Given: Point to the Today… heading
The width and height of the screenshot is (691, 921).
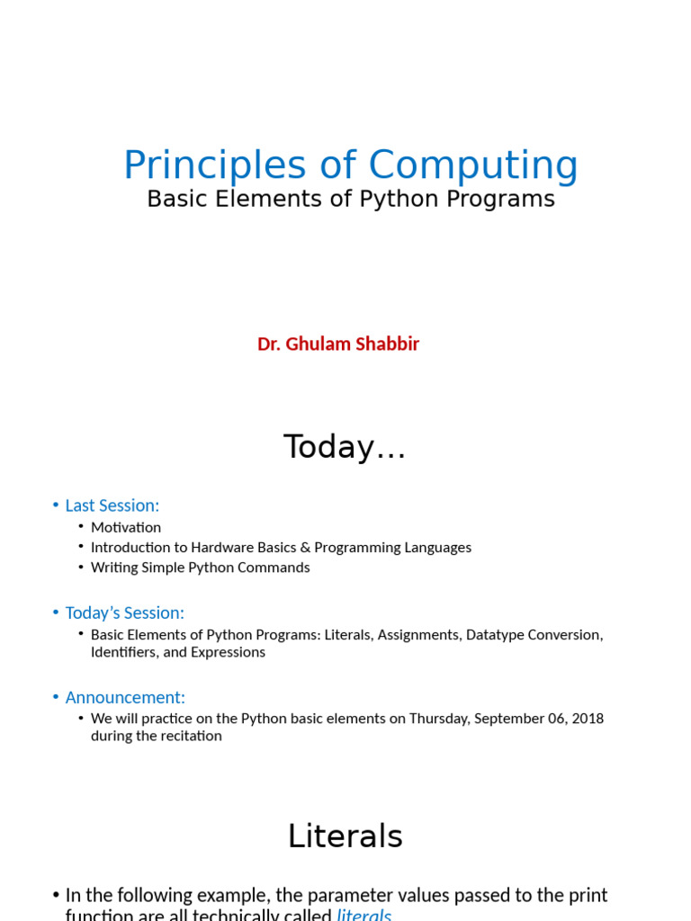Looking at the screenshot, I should (345, 447).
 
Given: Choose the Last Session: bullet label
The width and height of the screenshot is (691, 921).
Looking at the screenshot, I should (112, 505).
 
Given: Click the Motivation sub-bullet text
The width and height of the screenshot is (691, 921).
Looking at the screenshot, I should (126, 527).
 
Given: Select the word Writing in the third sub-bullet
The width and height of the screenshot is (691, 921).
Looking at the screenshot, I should (113, 568).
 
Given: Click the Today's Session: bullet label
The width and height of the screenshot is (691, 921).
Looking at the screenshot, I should (124, 613).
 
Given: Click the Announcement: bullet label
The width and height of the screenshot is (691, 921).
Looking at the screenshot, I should (125, 697).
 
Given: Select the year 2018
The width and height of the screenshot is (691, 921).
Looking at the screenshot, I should (586, 719).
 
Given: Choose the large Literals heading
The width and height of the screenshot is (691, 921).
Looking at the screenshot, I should (345, 836).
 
